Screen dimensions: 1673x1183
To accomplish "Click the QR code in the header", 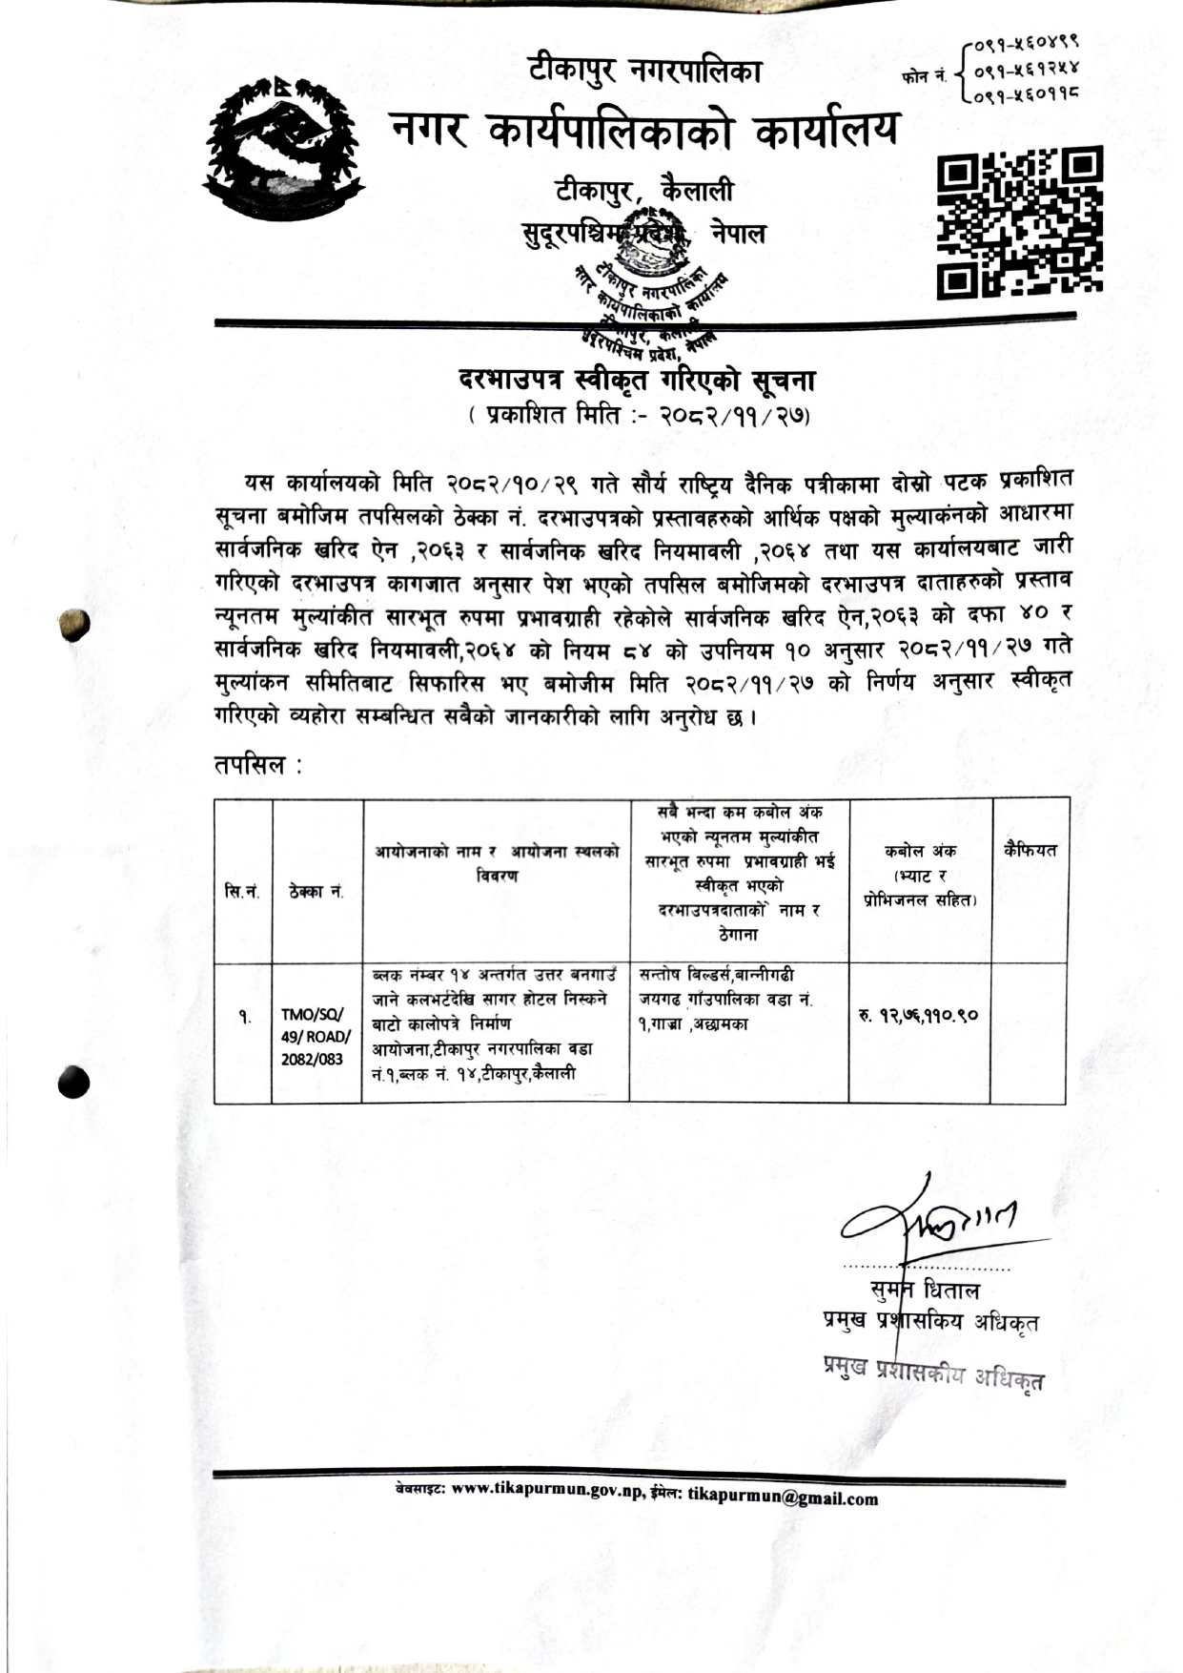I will (x=1020, y=218).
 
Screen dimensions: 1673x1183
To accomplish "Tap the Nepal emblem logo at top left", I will (x=284, y=144).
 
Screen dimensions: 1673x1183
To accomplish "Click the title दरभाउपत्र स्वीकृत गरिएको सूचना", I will (x=636, y=381).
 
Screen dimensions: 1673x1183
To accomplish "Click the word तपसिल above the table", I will (x=250, y=764).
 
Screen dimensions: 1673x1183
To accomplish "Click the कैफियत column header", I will (x=1030, y=850).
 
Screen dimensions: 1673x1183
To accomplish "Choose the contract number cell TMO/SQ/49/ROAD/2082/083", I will (x=316, y=1037).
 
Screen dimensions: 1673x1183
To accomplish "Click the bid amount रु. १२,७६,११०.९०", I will (x=917, y=1015).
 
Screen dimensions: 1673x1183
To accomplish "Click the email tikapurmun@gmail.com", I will (x=783, y=1497).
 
